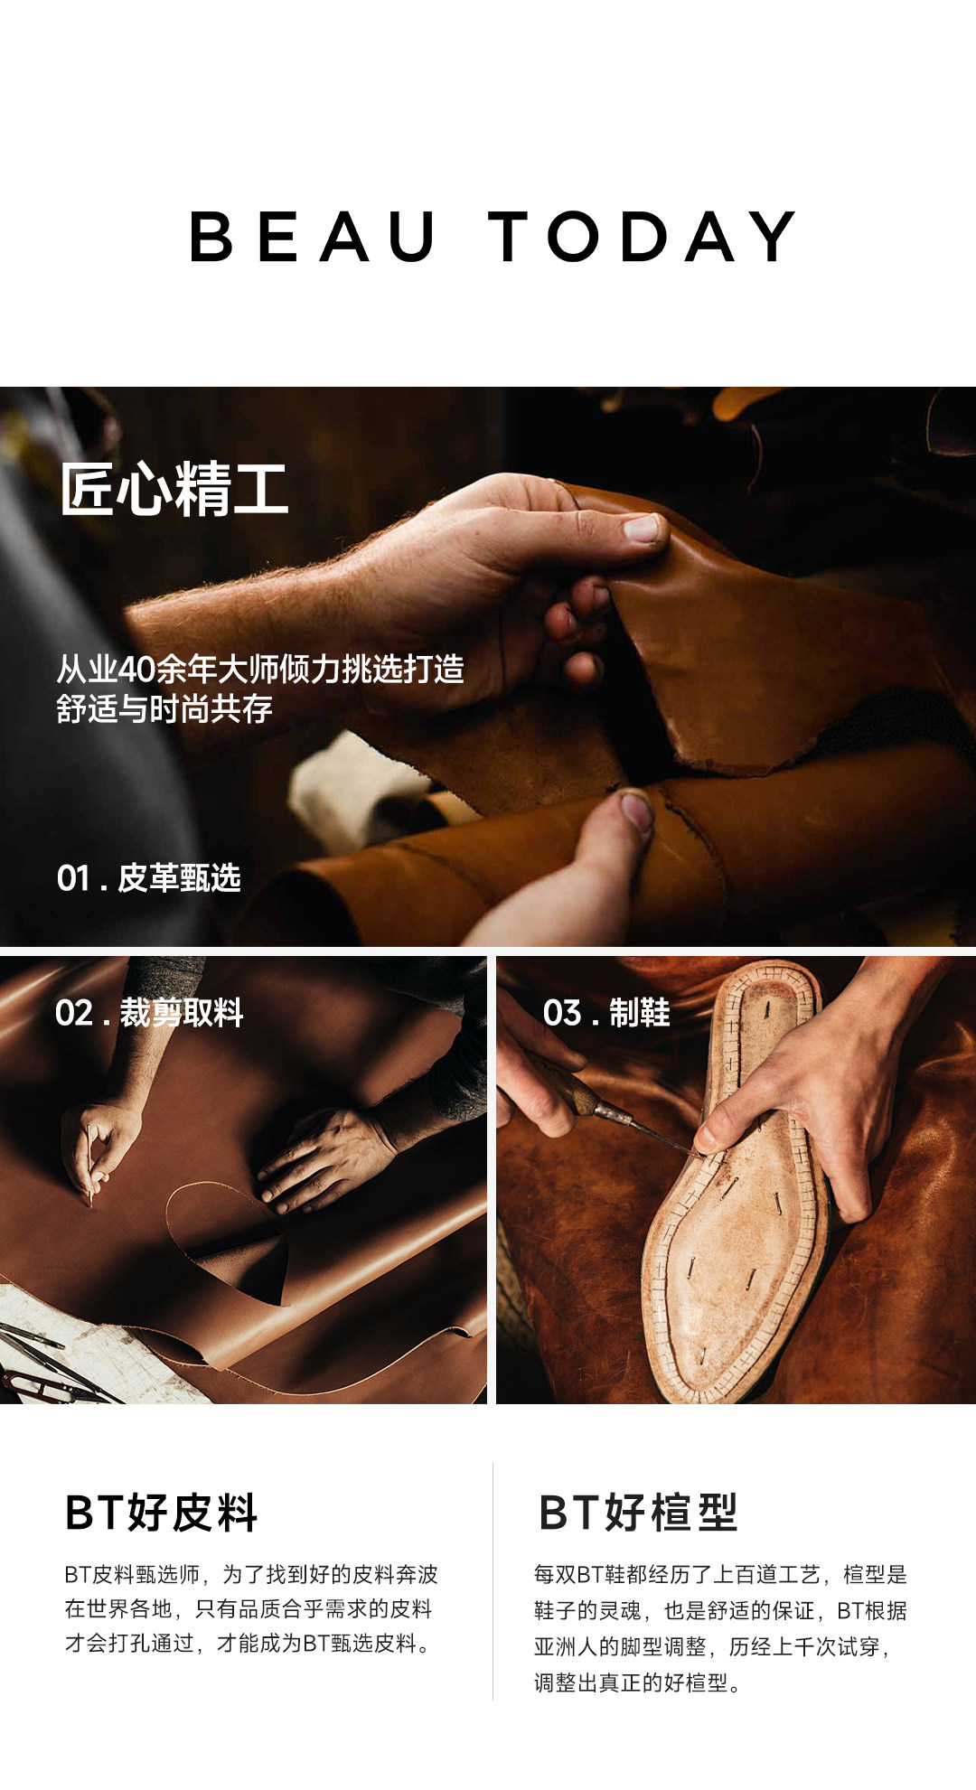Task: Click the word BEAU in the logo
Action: (313, 237)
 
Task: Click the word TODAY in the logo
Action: (643, 237)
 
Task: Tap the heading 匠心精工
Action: (174, 489)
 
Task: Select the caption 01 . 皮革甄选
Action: (149, 877)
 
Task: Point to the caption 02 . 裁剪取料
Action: (149, 1013)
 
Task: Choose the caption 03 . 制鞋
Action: (606, 1013)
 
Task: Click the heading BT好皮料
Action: (162, 1513)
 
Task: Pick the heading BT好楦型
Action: (638, 1513)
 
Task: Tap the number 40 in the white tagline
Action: (136, 670)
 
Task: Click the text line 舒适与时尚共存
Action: (164, 709)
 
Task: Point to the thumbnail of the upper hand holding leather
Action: (643, 527)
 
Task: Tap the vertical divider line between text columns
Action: (493, 1581)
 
